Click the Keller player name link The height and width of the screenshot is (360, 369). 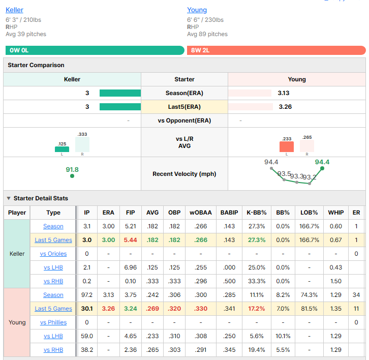[x=14, y=10]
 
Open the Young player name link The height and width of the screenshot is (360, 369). [x=197, y=10]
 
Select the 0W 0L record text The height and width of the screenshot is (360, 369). [x=19, y=50]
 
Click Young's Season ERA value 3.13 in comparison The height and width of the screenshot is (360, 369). [x=283, y=93]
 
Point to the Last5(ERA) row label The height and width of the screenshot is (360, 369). [x=184, y=107]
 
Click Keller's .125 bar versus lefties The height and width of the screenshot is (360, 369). [x=62, y=149]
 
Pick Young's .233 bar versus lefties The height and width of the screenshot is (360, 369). [x=286, y=146]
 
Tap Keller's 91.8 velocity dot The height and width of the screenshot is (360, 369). [x=72, y=176]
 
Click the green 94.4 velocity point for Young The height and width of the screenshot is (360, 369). [x=322, y=168]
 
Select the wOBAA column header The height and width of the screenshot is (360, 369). [x=201, y=213]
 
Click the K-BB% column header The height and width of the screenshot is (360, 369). [x=257, y=213]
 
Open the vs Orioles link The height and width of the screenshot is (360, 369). [x=53, y=254]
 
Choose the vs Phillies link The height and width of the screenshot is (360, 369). [x=53, y=322]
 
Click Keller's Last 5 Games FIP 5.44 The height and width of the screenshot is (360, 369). [x=131, y=240]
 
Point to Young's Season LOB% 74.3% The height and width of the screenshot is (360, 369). [x=309, y=295]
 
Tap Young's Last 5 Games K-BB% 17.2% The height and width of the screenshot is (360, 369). [x=257, y=309]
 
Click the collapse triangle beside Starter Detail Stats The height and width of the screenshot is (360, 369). [x=9, y=198]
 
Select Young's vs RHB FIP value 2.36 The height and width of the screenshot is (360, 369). [x=131, y=350]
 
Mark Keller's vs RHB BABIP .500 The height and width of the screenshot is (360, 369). [x=229, y=281]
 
